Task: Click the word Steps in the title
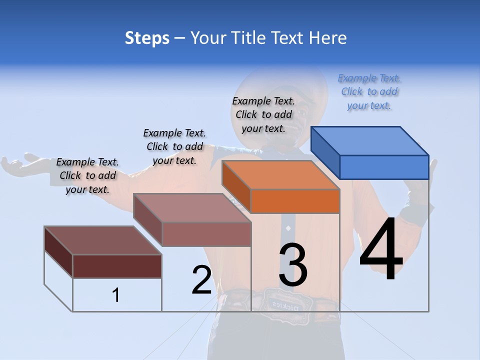(147, 38)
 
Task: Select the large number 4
(381, 249)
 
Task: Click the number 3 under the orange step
(293, 265)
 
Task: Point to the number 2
(201, 280)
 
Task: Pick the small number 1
(116, 295)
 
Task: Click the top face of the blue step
(370, 140)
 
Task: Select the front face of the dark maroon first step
(117, 266)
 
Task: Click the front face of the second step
(206, 234)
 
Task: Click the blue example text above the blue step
(369, 92)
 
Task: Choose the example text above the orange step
(263, 115)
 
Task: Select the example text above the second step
(174, 146)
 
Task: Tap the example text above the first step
(87, 176)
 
